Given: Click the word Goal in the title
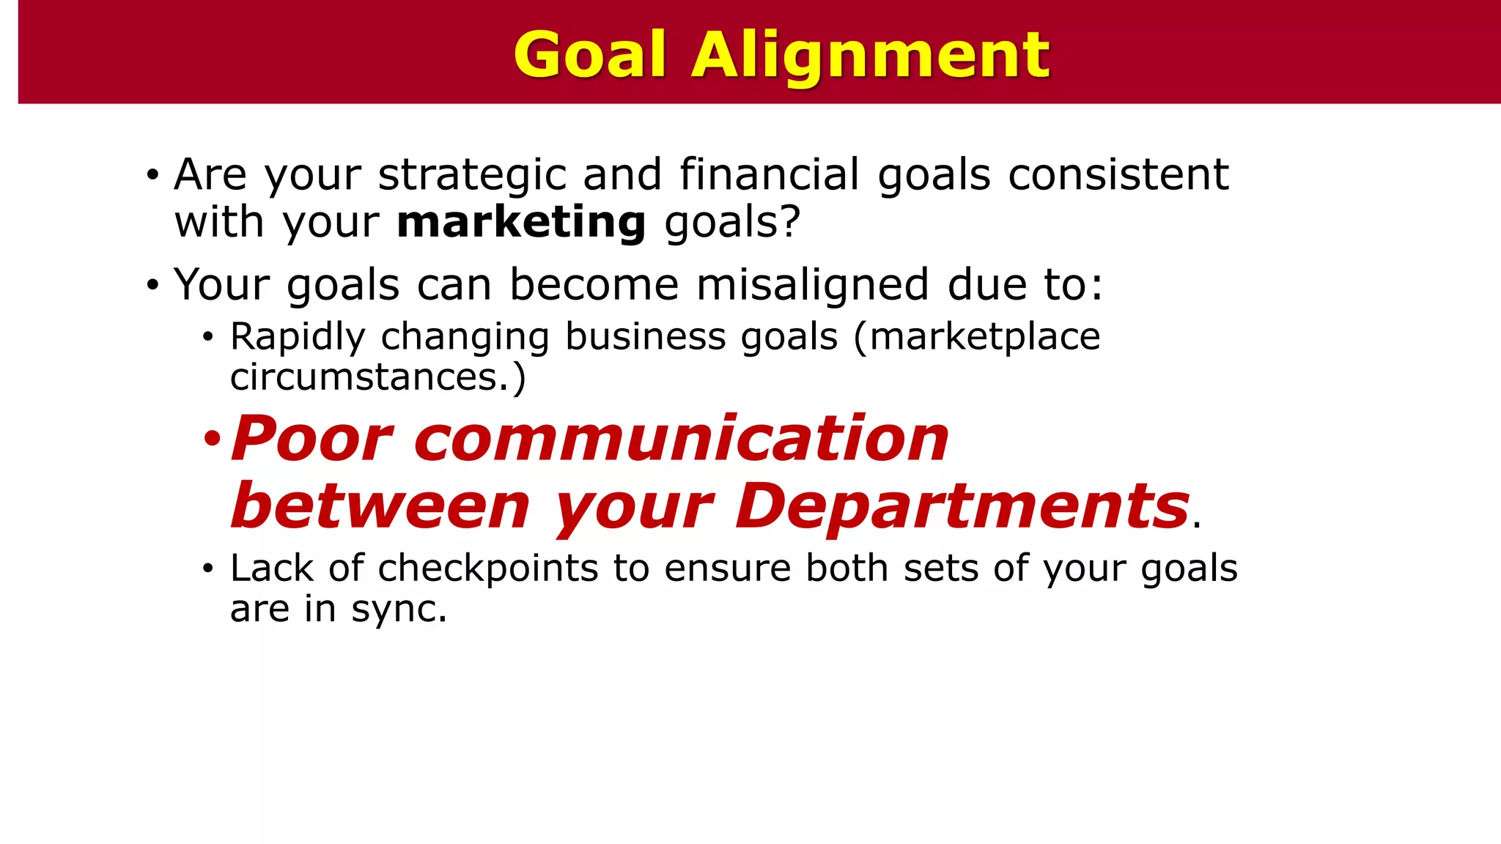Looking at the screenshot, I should [590, 55].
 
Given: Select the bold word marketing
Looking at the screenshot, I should [521, 222].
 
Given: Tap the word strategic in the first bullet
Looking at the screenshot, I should [472, 176].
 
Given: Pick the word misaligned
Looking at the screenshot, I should [812, 284].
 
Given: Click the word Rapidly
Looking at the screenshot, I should [297, 338].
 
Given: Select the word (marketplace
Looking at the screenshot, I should [977, 337].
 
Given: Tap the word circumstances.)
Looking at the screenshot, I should [377, 378].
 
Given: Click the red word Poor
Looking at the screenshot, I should [312, 438].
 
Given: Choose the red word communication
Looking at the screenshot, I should [682, 438].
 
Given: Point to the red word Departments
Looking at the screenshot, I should [962, 506].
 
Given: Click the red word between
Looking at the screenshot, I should [380, 506].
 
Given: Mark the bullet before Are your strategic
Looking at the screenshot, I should [152, 176].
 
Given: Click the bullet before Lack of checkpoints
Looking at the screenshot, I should [208, 569].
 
